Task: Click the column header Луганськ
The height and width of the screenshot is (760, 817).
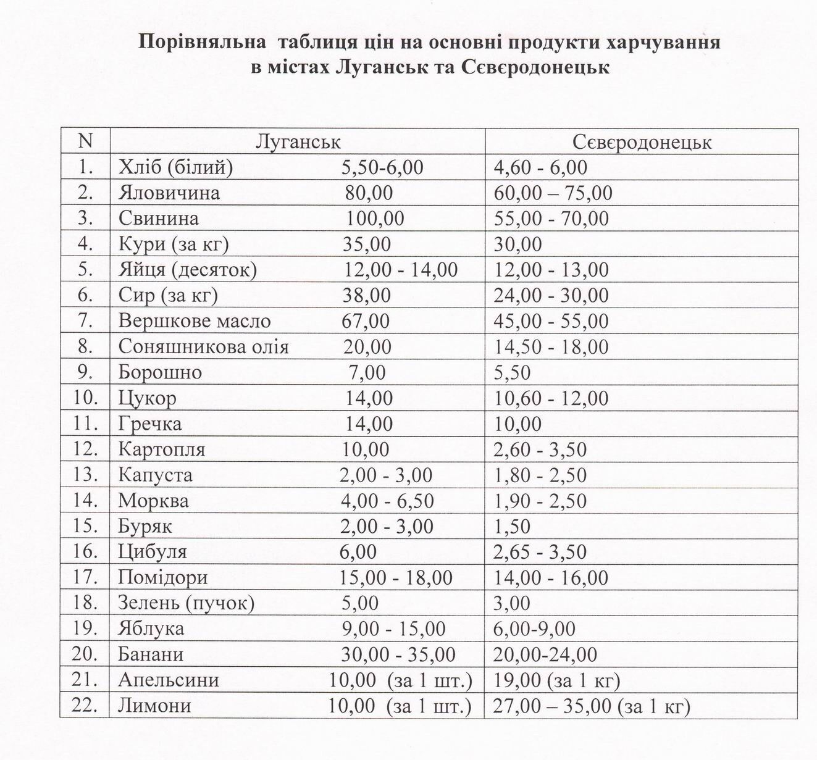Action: tap(298, 142)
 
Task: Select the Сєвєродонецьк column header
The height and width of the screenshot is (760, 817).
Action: tap(642, 143)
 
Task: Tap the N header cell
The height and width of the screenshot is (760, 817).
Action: tap(85, 141)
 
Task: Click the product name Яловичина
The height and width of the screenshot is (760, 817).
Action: tap(169, 193)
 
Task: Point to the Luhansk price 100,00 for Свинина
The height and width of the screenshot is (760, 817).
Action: tap(375, 219)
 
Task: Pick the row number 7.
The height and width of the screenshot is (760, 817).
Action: tap(85, 321)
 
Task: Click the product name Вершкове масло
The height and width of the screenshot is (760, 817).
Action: tap(195, 321)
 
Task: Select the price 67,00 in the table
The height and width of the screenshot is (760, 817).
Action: tap(366, 321)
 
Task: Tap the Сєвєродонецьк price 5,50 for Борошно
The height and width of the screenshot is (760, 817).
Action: tap(512, 373)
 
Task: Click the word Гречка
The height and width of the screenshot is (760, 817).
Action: tap(150, 424)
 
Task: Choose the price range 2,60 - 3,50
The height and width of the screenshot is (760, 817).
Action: tap(540, 450)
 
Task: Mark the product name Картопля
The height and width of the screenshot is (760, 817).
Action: tap(162, 450)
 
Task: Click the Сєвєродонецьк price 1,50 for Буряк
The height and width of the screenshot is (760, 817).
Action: tap(512, 527)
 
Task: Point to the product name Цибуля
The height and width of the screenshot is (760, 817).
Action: tap(153, 552)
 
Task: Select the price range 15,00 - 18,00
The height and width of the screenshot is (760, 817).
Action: tap(396, 578)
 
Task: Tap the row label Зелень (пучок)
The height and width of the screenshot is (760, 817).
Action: tap(186, 603)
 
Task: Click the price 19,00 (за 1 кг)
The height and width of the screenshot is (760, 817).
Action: tap(556, 680)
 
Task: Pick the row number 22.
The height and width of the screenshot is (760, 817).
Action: tap(85, 706)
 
